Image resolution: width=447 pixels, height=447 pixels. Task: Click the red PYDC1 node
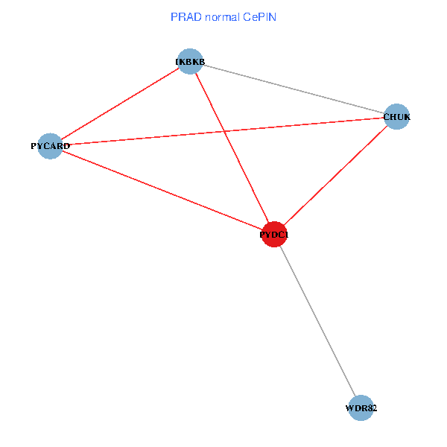275,235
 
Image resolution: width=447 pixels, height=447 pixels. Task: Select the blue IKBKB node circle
190,62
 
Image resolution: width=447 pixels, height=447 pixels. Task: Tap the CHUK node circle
396,116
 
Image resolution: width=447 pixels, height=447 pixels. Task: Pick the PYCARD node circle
50,146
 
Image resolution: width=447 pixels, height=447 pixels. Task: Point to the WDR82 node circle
361,408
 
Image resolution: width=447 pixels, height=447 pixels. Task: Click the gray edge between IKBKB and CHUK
293,89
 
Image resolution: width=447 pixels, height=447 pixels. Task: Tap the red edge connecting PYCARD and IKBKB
120,104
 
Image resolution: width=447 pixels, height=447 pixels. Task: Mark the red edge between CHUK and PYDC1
335,176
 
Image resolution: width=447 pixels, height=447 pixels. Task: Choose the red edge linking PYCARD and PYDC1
162,190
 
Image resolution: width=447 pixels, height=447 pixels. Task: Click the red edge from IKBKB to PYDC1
232,148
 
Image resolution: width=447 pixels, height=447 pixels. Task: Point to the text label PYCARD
50,146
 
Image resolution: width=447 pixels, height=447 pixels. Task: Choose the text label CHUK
396,117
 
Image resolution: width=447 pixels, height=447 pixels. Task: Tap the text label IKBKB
190,61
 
